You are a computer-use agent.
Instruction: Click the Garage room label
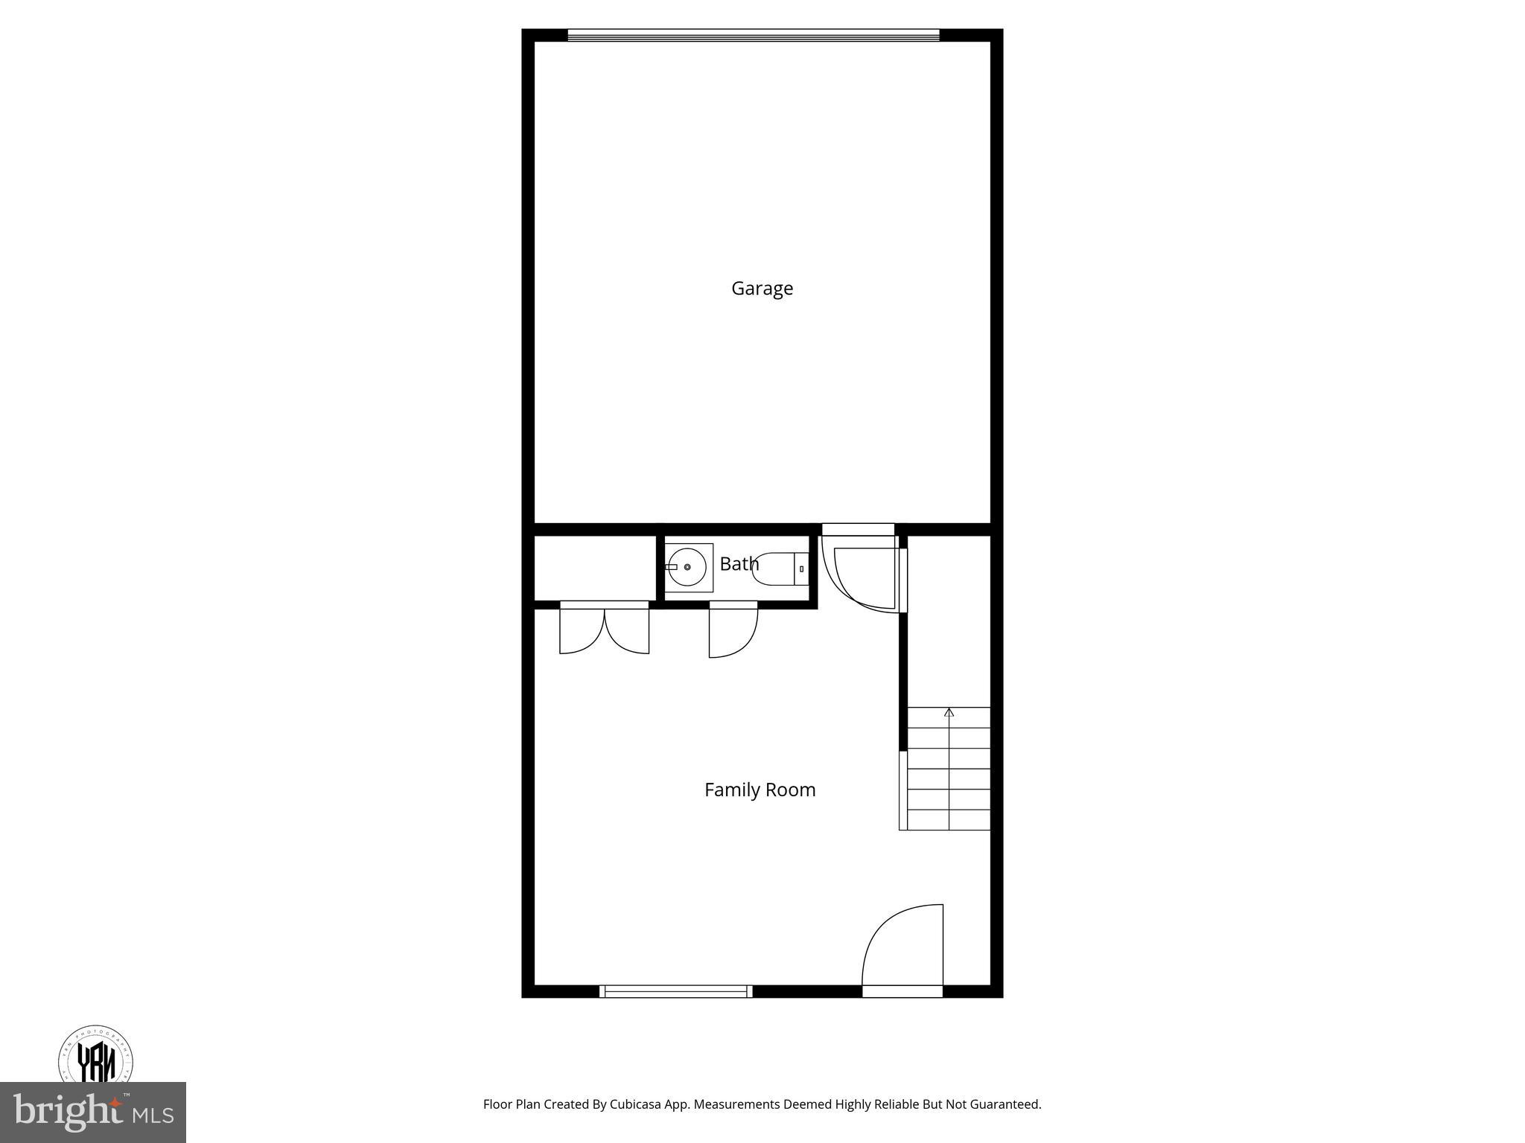762,289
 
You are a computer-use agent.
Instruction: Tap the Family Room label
760,790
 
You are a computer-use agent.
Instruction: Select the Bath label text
739,564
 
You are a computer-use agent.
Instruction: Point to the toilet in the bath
779,569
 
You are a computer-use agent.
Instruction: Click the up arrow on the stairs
949,713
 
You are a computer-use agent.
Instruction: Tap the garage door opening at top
753,35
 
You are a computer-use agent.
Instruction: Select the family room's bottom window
675,990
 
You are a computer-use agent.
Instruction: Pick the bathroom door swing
733,631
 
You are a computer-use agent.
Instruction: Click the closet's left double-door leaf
581,630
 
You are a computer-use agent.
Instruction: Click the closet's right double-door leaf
627,630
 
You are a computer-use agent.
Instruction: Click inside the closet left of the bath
594,567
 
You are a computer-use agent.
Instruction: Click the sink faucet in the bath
672,567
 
